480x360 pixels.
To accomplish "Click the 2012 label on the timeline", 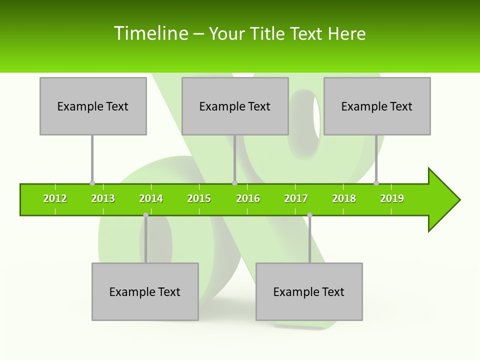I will pos(55,198).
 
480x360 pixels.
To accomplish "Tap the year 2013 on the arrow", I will pos(103,198).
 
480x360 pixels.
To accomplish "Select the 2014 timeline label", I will pos(151,198).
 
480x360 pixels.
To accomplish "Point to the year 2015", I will pos(199,198).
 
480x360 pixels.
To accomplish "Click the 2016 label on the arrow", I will pos(248,198).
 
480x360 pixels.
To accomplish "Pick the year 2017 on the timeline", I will pos(296,198).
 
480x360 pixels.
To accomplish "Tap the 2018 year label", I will pos(344,198).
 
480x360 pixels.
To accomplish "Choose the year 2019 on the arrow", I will pos(392,198).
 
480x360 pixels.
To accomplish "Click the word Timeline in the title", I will pos(151,33).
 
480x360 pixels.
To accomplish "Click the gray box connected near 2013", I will pos(93,106).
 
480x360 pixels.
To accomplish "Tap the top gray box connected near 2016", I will pos(235,106).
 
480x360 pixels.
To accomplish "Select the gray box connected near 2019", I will pos(377,106).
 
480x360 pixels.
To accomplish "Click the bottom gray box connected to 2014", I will pos(145,291).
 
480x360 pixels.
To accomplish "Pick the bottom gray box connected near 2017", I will pos(309,291).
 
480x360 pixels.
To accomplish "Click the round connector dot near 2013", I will pos(92,183).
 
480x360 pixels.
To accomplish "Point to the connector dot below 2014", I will pos(145,214).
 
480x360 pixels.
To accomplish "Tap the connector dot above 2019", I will pos(376,183).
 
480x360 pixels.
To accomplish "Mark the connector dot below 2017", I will pos(309,214).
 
